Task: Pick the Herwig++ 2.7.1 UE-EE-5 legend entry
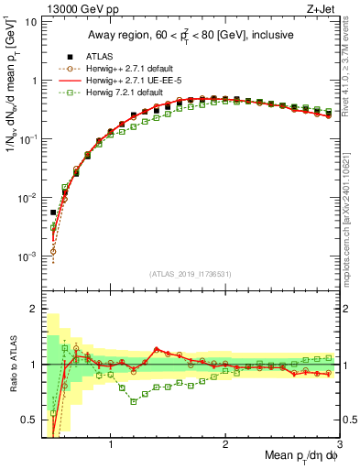[120, 79]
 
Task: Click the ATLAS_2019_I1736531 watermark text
[190, 274]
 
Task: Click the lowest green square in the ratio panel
[134, 400]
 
